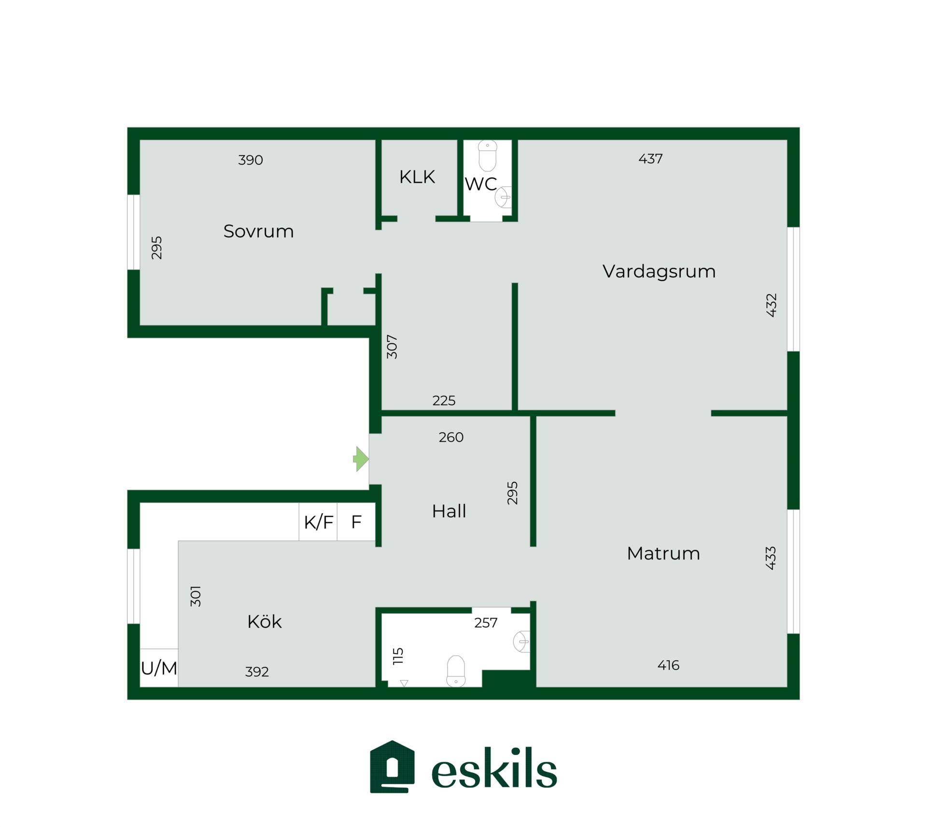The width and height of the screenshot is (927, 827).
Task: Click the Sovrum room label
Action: [258, 231]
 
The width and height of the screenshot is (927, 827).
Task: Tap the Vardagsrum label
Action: [659, 272]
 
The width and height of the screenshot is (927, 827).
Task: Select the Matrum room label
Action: [663, 553]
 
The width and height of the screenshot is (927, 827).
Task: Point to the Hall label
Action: [449, 511]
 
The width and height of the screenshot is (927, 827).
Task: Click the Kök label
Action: [264, 621]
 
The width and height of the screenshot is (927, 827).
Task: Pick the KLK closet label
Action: [417, 177]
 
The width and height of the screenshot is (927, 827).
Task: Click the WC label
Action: [480, 184]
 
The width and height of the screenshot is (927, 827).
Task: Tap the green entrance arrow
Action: [361, 459]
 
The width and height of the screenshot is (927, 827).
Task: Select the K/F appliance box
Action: [318, 522]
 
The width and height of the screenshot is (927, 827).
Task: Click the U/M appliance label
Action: [159, 668]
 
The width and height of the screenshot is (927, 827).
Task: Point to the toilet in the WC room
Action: [488, 156]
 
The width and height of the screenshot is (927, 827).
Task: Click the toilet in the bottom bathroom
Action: [456, 671]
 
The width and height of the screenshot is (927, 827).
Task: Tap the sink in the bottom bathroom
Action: [521, 642]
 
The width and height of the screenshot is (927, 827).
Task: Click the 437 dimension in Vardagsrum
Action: [650, 159]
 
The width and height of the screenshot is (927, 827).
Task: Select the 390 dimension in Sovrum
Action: [251, 160]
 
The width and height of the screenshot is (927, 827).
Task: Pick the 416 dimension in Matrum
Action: [668, 665]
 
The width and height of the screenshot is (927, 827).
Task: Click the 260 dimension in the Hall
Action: [451, 437]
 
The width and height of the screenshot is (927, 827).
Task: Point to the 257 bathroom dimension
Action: [486, 623]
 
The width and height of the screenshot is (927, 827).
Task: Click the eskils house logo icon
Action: [392, 767]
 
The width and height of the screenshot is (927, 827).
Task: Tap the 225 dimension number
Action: [444, 401]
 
